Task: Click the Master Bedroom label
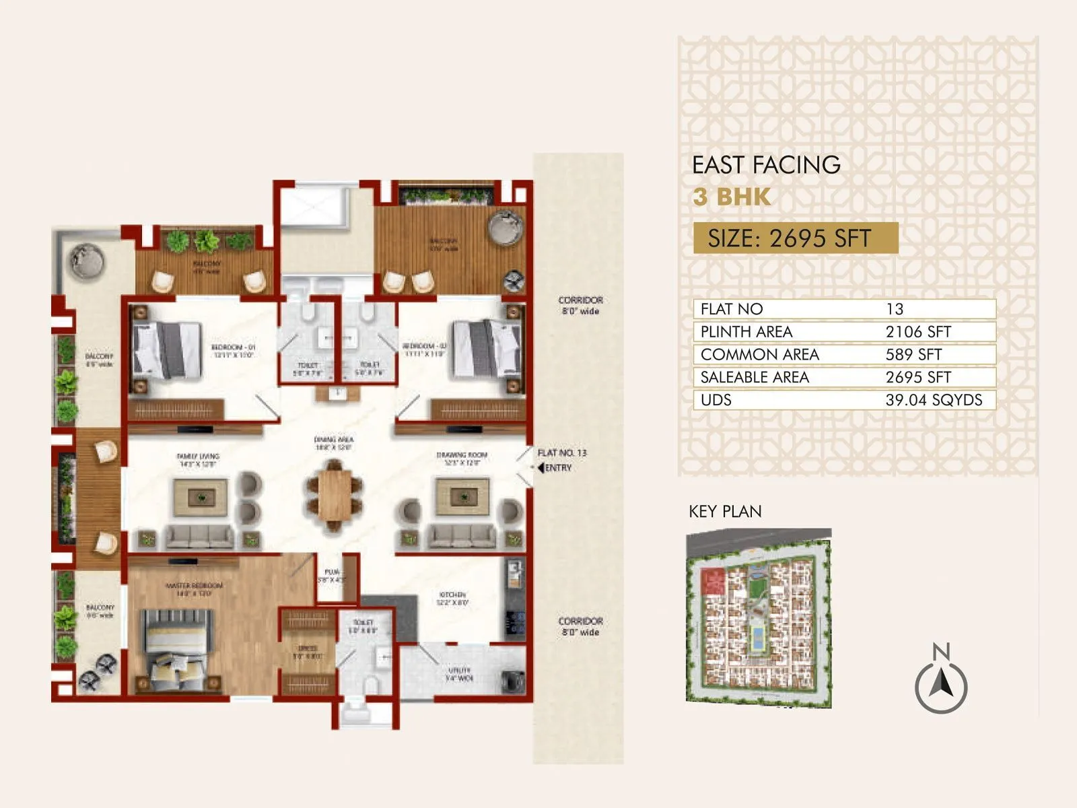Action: point(194,589)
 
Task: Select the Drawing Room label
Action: point(462,459)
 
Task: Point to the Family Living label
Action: point(198,460)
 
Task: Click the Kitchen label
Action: point(452,599)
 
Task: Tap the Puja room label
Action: point(332,575)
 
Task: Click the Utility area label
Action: point(460,674)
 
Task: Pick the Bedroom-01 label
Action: point(233,351)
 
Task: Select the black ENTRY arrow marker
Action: point(541,467)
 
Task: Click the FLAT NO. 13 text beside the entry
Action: point(562,452)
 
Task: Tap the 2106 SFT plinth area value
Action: point(918,332)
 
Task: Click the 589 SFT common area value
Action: point(913,354)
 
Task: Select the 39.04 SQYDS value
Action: point(934,400)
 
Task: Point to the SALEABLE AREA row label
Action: point(755,377)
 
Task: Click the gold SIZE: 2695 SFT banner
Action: point(796,238)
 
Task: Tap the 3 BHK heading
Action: point(732,197)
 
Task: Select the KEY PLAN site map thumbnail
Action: point(759,617)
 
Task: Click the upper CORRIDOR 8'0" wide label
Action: point(580,305)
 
